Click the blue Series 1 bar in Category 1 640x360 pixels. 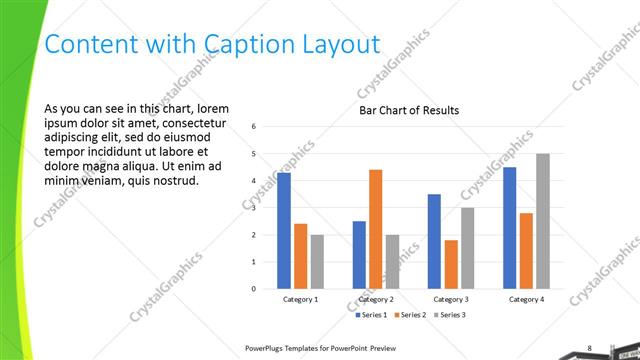coord(284,231)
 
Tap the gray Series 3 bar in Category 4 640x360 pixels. coord(543,221)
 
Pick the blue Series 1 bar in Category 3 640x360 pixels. coord(434,241)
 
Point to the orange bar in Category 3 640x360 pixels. coord(451,264)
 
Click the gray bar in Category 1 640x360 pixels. coord(317,262)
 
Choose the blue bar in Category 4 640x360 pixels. coord(510,228)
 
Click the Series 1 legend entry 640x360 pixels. coord(372,315)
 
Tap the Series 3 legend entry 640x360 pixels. coord(450,315)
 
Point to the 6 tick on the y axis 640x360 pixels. coord(255,127)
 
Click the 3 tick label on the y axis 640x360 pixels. coord(255,208)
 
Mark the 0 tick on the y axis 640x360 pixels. coord(255,289)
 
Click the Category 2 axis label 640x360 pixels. coord(376,299)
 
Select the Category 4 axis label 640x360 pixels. coord(526,299)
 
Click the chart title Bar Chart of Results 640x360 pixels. coord(409,110)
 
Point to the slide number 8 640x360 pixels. coord(589,348)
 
